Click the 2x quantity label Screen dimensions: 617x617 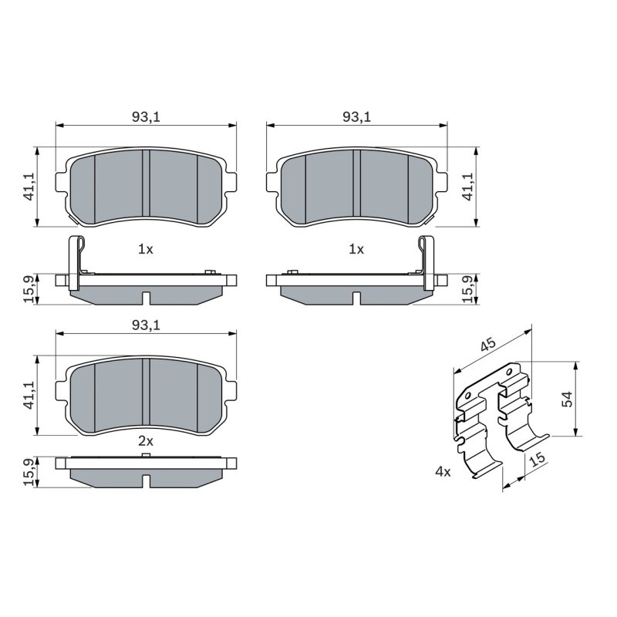coord(146,441)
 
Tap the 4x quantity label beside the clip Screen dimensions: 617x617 coord(443,471)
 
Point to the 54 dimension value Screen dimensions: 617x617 coord(568,399)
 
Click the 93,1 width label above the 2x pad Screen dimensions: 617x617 coord(146,325)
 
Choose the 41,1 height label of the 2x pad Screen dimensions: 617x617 coord(29,396)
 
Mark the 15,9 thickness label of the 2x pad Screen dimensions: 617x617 coord(29,472)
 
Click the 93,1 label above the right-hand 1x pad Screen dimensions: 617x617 coord(356,117)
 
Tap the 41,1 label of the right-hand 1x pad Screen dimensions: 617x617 coord(468,187)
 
